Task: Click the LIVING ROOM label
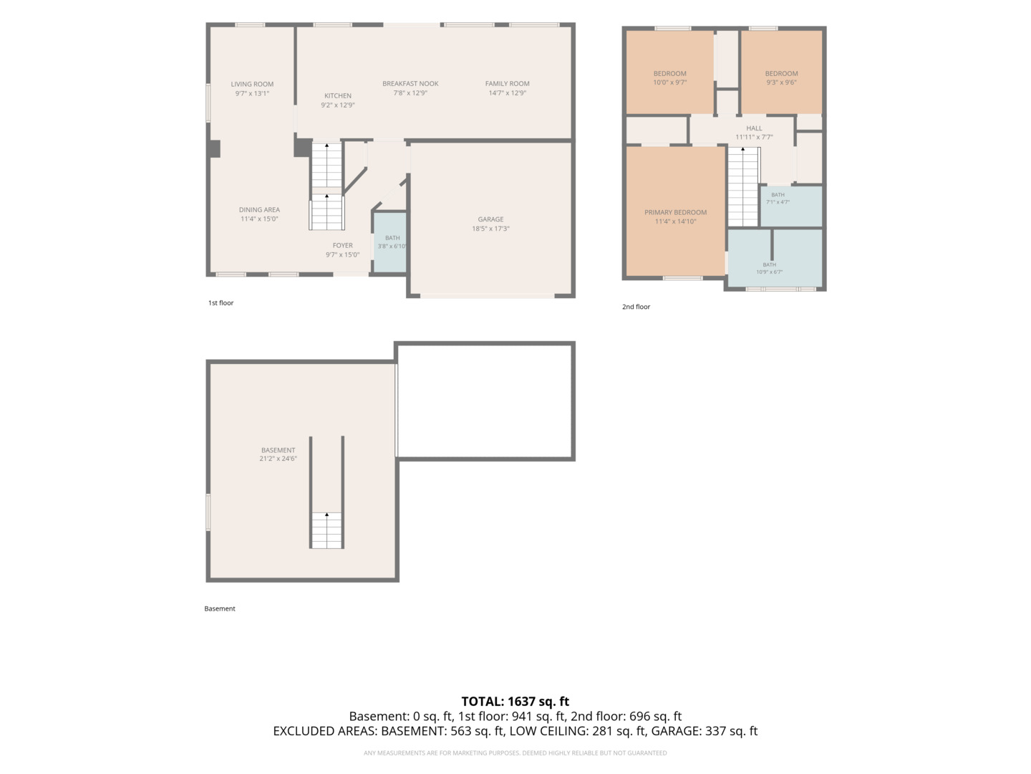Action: [252, 84]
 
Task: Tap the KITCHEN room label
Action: [338, 96]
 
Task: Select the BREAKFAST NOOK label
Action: [410, 84]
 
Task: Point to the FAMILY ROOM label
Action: [508, 84]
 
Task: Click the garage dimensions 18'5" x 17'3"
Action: [491, 229]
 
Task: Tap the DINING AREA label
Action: [259, 210]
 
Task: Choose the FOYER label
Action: [342, 245]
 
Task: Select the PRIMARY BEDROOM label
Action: [675, 212]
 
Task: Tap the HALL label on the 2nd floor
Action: [755, 128]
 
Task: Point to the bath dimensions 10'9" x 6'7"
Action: [770, 272]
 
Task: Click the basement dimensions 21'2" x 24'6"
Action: [278, 459]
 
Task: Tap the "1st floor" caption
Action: [221, 303]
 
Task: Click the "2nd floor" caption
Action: [636, 307]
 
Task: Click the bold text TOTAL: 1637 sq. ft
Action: [515, 702]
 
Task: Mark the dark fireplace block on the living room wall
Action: [215, 149]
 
